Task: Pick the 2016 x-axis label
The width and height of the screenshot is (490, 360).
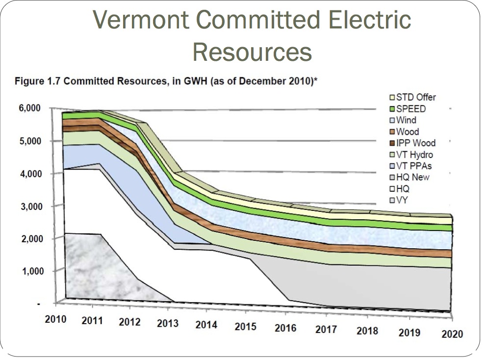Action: (285, 328)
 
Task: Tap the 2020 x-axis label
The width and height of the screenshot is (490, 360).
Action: (452, 334)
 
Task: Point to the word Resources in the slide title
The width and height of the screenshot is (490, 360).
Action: (252, 51)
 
